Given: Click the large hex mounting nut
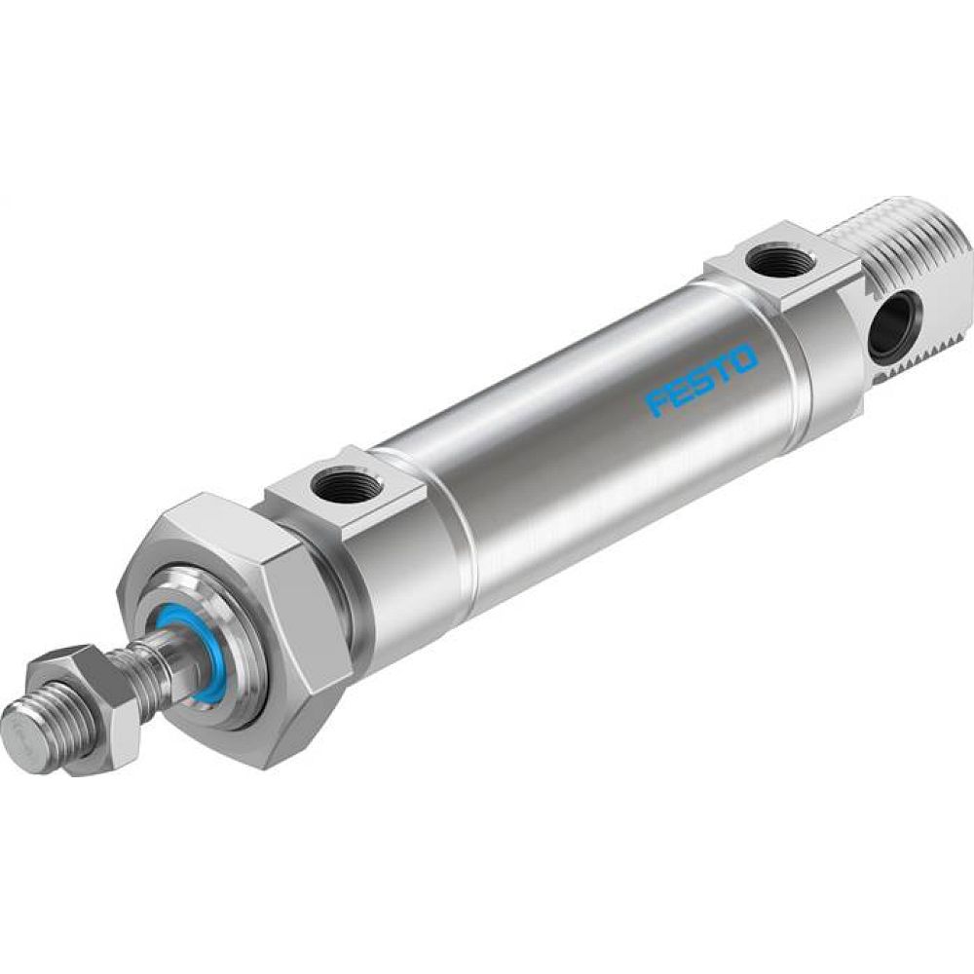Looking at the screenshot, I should tap(243, 623).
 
